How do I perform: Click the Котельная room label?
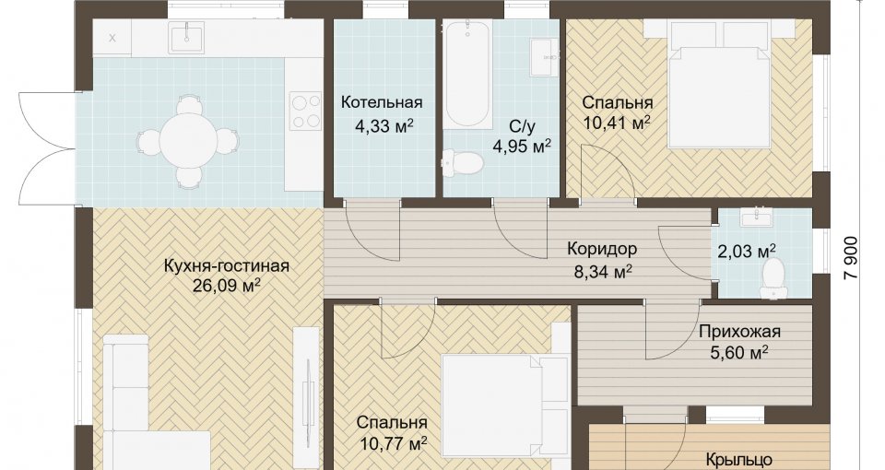[x=382, y=102]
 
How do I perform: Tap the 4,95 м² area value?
[x=522, y=147]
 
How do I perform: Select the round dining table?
[x=187, y=140]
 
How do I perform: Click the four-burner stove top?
[x=305, y=112]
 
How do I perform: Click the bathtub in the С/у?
[x=468, y=75]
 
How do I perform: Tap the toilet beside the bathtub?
[x=462, y=163]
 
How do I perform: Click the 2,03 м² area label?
[x=746, y=251]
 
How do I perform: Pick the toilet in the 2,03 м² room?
[x=772, y=277]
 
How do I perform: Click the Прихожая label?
[x=739, y=331]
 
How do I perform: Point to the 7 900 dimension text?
[x=851, y=257]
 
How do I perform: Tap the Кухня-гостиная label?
[x=227, y=265]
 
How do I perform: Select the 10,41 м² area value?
[x=617, y=123]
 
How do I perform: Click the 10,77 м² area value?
[x=392, y=443]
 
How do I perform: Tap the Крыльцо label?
[x=738, y=460]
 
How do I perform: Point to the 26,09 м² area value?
[x=227, y=286]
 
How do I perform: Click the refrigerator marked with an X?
[x=112, y=39]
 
